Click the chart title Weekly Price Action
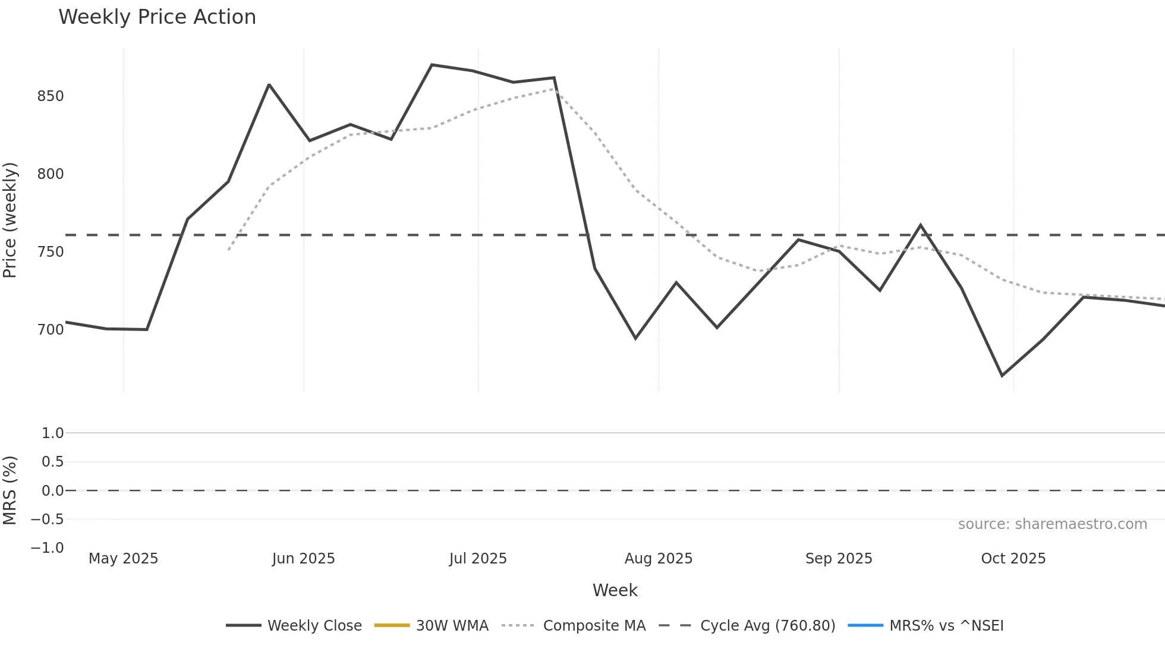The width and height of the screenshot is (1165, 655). click(157, 17)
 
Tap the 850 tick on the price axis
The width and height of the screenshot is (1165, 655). click(51, 96)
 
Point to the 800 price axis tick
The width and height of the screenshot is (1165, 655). click(51, 174)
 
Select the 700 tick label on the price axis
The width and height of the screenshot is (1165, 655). click(51, 330)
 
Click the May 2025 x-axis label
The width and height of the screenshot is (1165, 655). click(123, 559)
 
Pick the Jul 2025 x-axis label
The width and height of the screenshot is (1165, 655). click(478, 559)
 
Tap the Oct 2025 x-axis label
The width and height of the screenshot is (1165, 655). click(1013, 559)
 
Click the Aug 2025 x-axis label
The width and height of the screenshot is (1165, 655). click(658, 559)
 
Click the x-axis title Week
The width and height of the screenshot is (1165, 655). click(615, 590)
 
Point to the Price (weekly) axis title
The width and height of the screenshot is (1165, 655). click(10, 220)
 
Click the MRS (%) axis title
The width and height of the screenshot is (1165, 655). click(10, 490)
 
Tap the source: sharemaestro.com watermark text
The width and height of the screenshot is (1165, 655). click(1052, 524)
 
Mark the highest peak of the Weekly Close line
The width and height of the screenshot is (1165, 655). click(432, 65)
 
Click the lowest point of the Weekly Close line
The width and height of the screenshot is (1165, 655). click(1002, 376)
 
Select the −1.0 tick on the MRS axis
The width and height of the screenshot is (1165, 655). click(48, 548)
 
